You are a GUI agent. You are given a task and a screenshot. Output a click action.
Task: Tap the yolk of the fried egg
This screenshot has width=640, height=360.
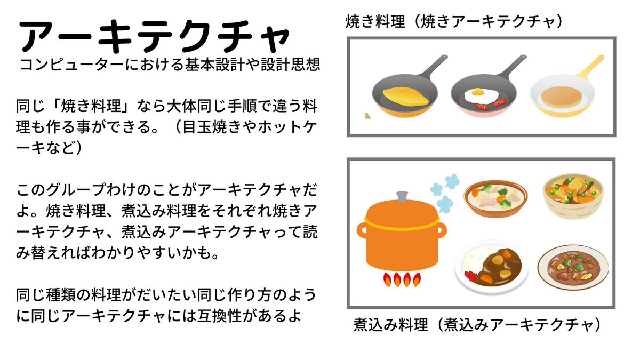click(x=478, y=93)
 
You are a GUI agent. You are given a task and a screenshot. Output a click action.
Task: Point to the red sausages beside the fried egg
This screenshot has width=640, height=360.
click(x=488, y=104)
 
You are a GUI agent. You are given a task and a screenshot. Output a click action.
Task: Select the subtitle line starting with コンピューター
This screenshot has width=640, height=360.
click(x=170, y=65)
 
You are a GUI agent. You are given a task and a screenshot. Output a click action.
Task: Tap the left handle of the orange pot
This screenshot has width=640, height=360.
click(x=361, y=231)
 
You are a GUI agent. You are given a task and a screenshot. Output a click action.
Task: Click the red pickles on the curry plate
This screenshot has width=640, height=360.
click(x=471, y=276)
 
